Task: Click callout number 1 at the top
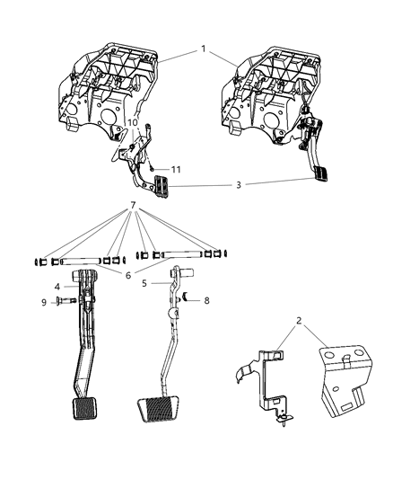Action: tap(205, 48)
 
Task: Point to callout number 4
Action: tap(57, 288)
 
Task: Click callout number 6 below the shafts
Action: tap(128, 274)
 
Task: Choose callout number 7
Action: tap(133, 230)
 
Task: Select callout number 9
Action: tap(44, 302)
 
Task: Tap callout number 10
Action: tap(133, 122)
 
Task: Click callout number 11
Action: tap(176, 169)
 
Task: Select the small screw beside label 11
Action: tap(153, 167)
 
